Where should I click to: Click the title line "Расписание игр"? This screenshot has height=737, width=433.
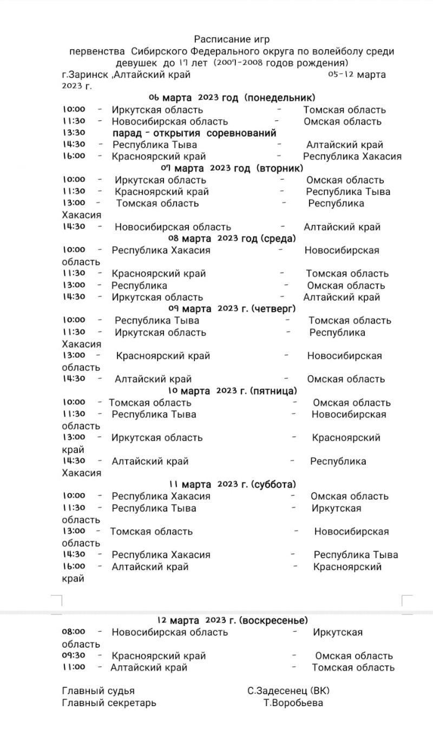pyautogui.click(x=232, y=40)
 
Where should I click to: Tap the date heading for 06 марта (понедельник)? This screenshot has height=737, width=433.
pyautogui.click(x=232, y=98)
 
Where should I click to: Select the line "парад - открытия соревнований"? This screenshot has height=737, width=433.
pyautogui.click(x=194, y=133)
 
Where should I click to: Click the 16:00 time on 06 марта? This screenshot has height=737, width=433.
pyautogui.click(x=74, y=156)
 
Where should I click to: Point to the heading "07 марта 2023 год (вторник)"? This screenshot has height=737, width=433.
pyautogui.click(x=232, y=168)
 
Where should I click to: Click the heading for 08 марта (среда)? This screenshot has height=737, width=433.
pyautogui.click(x=232, y=238)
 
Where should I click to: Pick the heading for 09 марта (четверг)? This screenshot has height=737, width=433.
pyautogui.click(x=232, y=308)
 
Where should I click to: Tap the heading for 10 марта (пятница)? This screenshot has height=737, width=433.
pyautogui.click(x=232, y=391)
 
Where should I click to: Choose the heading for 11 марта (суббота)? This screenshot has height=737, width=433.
pyautogui.click(x=232, y=484)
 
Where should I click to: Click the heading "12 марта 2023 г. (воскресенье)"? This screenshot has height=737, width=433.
pyautogui.click(x=232, y=620)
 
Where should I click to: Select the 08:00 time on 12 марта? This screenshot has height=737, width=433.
pyautogui.click(x=74, y=632)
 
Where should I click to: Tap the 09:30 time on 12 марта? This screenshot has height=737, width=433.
pyautogui.click(x=74, y=656)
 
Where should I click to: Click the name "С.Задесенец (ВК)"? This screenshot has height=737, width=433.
pyautogui.click(x=288, y=691)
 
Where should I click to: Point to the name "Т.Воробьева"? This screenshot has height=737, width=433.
pyautogui.click(x=293, y=703)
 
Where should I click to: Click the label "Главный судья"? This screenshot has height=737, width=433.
pyautogui.click(x=99, y=691)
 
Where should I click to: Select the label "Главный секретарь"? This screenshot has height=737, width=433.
pyautogui.click(x=109, y=703)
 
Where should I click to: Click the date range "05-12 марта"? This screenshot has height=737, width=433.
pyautogui.click(x=357, y=75)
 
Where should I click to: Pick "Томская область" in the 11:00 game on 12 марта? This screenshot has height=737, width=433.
pyautogui.click(x=353, y=668)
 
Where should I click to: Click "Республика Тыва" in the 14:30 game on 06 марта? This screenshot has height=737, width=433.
pyautogui.click(x=155, y=145)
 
